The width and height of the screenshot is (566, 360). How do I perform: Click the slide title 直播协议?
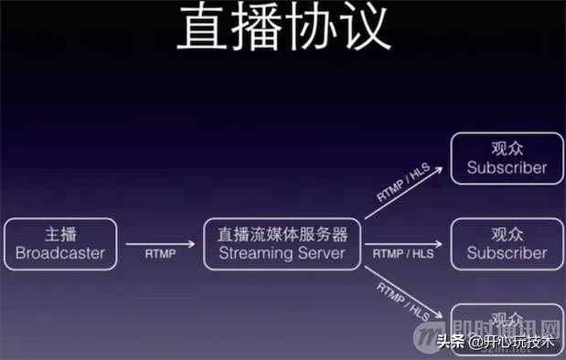click(x=283, y=27)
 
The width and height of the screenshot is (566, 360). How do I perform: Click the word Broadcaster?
click(x=60, y=253)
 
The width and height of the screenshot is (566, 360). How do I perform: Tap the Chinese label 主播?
click(x=60, y=233)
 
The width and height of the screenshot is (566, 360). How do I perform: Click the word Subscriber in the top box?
click(x=506, y=167)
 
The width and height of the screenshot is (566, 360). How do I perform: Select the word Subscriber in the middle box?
click(x=506, y=253)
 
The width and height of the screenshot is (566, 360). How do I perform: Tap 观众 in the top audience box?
click(x=506, y=147)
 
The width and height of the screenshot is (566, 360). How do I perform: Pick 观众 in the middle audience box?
click(x=506, y=234)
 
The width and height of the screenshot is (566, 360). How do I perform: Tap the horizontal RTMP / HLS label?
click(x=403, y=255)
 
